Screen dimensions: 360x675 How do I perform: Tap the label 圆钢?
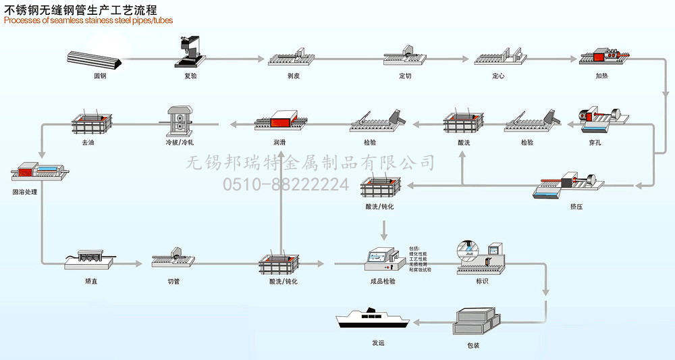99,76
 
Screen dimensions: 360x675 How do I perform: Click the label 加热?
601,76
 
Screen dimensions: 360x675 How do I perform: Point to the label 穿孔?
595,143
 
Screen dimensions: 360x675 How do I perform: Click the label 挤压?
576,206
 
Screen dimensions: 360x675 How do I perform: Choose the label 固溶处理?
25,192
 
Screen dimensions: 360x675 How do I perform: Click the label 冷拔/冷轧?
180,143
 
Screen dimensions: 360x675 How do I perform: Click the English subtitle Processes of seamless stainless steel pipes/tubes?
88,21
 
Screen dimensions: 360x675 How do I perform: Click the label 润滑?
279,143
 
